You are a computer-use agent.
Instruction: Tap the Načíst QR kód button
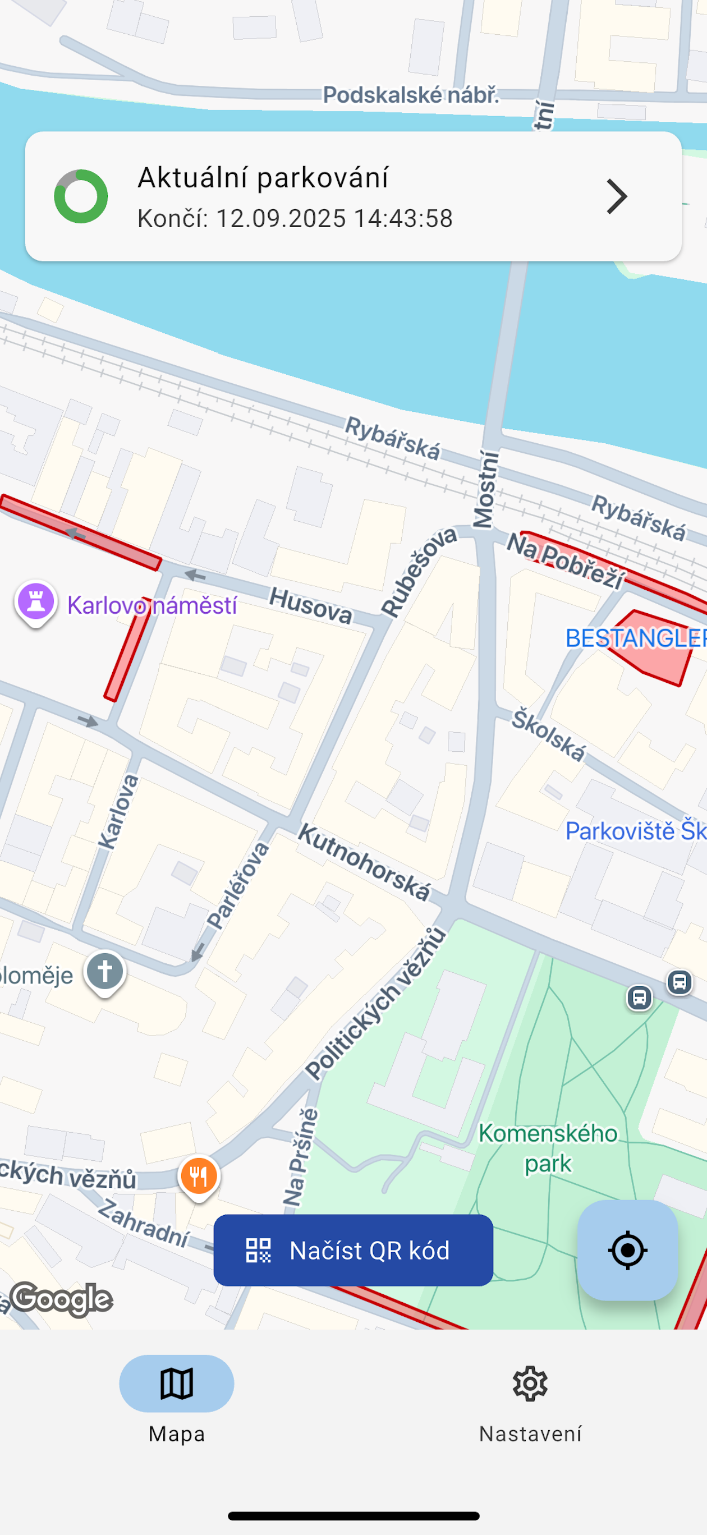click(x=353, y=1250)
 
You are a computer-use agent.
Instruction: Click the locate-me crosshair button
click(x=627, y=1250)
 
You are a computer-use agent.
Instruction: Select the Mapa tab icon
click(x=176, y=1383)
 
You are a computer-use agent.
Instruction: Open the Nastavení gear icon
click(x=530, y=1383)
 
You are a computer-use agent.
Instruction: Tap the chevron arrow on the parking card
click(x=617, y=196)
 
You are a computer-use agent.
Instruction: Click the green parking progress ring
click(x=81, y=196)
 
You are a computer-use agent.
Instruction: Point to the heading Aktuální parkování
click(x=263, y=178)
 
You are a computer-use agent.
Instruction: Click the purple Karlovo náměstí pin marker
click(x=36, y=602)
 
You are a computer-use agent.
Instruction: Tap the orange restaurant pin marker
click(x=199, y=1176)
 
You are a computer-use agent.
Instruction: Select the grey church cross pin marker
click(x=105, y=971)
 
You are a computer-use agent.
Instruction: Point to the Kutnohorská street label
click(x=364, y=862)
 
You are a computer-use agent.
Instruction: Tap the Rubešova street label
click(x=419, y=572)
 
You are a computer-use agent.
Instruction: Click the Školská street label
click(x=548, y=735)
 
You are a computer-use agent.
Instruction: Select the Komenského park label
click(x=548, y=1148)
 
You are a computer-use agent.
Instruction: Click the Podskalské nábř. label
click(x=411, y=95)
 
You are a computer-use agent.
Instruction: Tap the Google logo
click(x=61, y=1299)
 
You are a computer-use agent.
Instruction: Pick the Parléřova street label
click(x=238, y=885)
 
